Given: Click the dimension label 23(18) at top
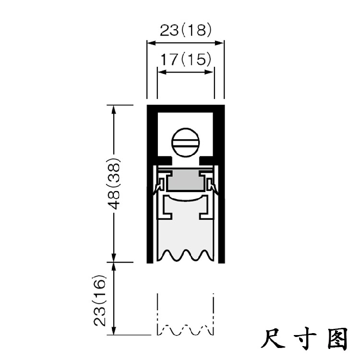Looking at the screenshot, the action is click(185, 31).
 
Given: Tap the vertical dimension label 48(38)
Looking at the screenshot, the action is click(114, 183).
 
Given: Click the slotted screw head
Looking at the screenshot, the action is click(185, 142).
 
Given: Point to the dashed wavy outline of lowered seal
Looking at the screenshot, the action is click(185, 330).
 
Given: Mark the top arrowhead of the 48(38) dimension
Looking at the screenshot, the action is click(114, 108).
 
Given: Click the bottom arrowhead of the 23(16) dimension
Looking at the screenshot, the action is click(114, 331).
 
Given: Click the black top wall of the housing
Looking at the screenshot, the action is click(185, 106).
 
